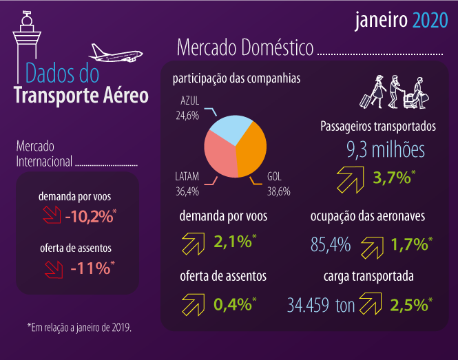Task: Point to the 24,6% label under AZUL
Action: (x=187, y=115)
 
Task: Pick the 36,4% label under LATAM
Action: (x=187, y=191)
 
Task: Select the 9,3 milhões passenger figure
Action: (x=385, y=150)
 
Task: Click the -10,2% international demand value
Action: (x=90, y=217)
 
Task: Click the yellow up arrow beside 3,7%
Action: (x=351, y=179)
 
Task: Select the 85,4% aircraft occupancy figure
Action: (x=330, y=244)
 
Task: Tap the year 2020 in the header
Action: (x=430, y=21)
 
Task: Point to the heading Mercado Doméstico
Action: (x=245, y=48)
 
